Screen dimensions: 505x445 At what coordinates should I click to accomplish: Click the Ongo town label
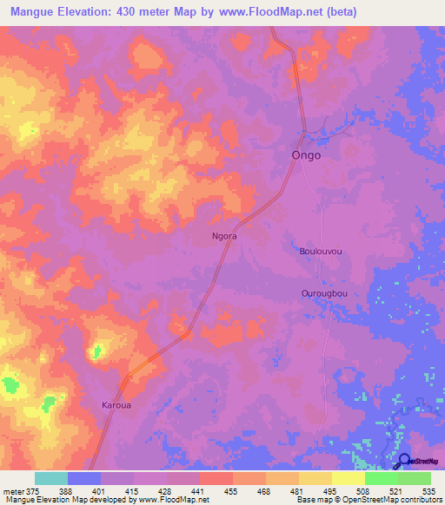click(x=305, y=155)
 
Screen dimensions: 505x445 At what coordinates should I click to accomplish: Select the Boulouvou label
click(x=321, y=252)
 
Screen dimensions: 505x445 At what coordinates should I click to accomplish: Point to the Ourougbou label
click(x=323, y=294)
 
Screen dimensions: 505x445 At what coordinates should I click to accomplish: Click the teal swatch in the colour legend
click(x=51, y=478)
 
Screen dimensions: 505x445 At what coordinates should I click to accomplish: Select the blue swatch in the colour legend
click(x=84, y=478)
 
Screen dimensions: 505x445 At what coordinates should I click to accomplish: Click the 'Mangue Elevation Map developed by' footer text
click(x=61, y=499)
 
